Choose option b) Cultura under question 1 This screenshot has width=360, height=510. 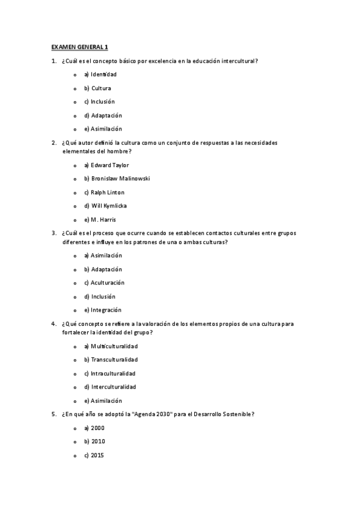[97, 88]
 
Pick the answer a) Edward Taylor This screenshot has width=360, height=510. [106, 165]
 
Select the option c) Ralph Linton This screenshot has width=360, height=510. [104, 192]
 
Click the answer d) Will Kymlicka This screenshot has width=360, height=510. [105, 206]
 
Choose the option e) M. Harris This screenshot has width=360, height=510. [100, 220]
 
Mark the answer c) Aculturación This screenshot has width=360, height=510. [104, 283]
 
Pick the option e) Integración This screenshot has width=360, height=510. [102, 310]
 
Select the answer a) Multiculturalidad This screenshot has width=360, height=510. [111, 346]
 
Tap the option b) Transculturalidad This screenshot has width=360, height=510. [111, 360]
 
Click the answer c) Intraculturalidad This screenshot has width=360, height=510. [109, 373]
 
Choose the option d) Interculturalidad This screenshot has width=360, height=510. [110, 387]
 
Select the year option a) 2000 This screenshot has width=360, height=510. [94, 428]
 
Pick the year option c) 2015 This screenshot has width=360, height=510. [94, 455]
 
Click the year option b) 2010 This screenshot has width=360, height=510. [94, 441]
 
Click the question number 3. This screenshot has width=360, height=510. [54, 233]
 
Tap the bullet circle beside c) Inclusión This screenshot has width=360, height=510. [75, 102]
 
